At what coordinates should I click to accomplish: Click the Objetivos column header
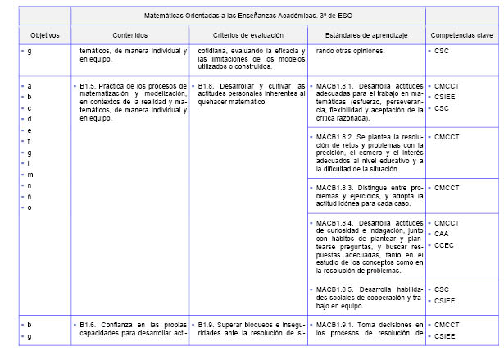click(39, 36)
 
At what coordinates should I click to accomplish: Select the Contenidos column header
click(131, 36)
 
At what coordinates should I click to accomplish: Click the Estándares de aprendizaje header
click(365, 36)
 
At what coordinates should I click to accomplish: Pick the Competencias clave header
click(460, 36)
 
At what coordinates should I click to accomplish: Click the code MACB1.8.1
click(336, 85)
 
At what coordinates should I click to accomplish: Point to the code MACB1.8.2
click(336, 136)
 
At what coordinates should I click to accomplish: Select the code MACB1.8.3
click(336, 188)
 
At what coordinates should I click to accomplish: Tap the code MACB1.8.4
click(336, 223)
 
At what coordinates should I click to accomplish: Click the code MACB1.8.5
click(336, 289)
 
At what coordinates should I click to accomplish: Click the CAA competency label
click(442, 234)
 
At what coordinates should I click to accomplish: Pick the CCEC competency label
click(444, 244)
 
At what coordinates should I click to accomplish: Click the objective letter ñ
click(30, 196)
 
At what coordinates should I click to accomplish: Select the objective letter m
click(30, 174)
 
